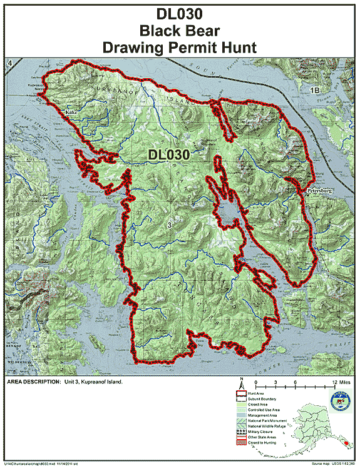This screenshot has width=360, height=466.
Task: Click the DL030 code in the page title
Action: [x=180, y=12]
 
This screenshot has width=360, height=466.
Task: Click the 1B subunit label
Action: [x=317, y=91]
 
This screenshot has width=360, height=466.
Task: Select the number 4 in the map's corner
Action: [x=10, y=64]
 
